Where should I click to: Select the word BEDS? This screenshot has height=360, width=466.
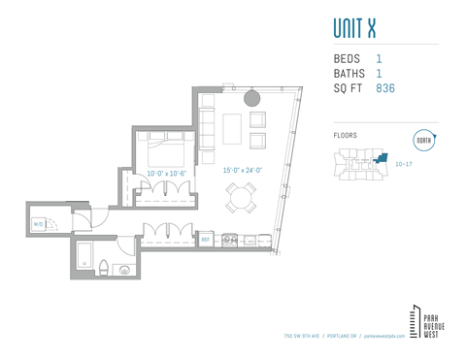(x=347, y=59)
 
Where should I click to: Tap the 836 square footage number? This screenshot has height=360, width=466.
(x=384, y=88)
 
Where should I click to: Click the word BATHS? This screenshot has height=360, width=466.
(x=349, y=74)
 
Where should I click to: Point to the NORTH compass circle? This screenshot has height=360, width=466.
(x=423, y=140)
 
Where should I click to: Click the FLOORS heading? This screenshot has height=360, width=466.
(x=345, y=136)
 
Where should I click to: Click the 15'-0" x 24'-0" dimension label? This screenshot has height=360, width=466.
(x=242, y=170)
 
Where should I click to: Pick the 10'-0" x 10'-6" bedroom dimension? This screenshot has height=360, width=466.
(x=166, y=173)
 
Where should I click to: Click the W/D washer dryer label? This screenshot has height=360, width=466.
(x=38, y=224)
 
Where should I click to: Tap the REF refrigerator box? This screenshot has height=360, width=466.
(x=206, y=239)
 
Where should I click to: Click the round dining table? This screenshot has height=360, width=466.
(x=241, y=199)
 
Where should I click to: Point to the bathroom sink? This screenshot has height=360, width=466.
(x=124, y=270)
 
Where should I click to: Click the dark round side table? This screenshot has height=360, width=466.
(x=251, y=97)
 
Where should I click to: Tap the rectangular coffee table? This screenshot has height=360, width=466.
(x=232, y=128)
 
